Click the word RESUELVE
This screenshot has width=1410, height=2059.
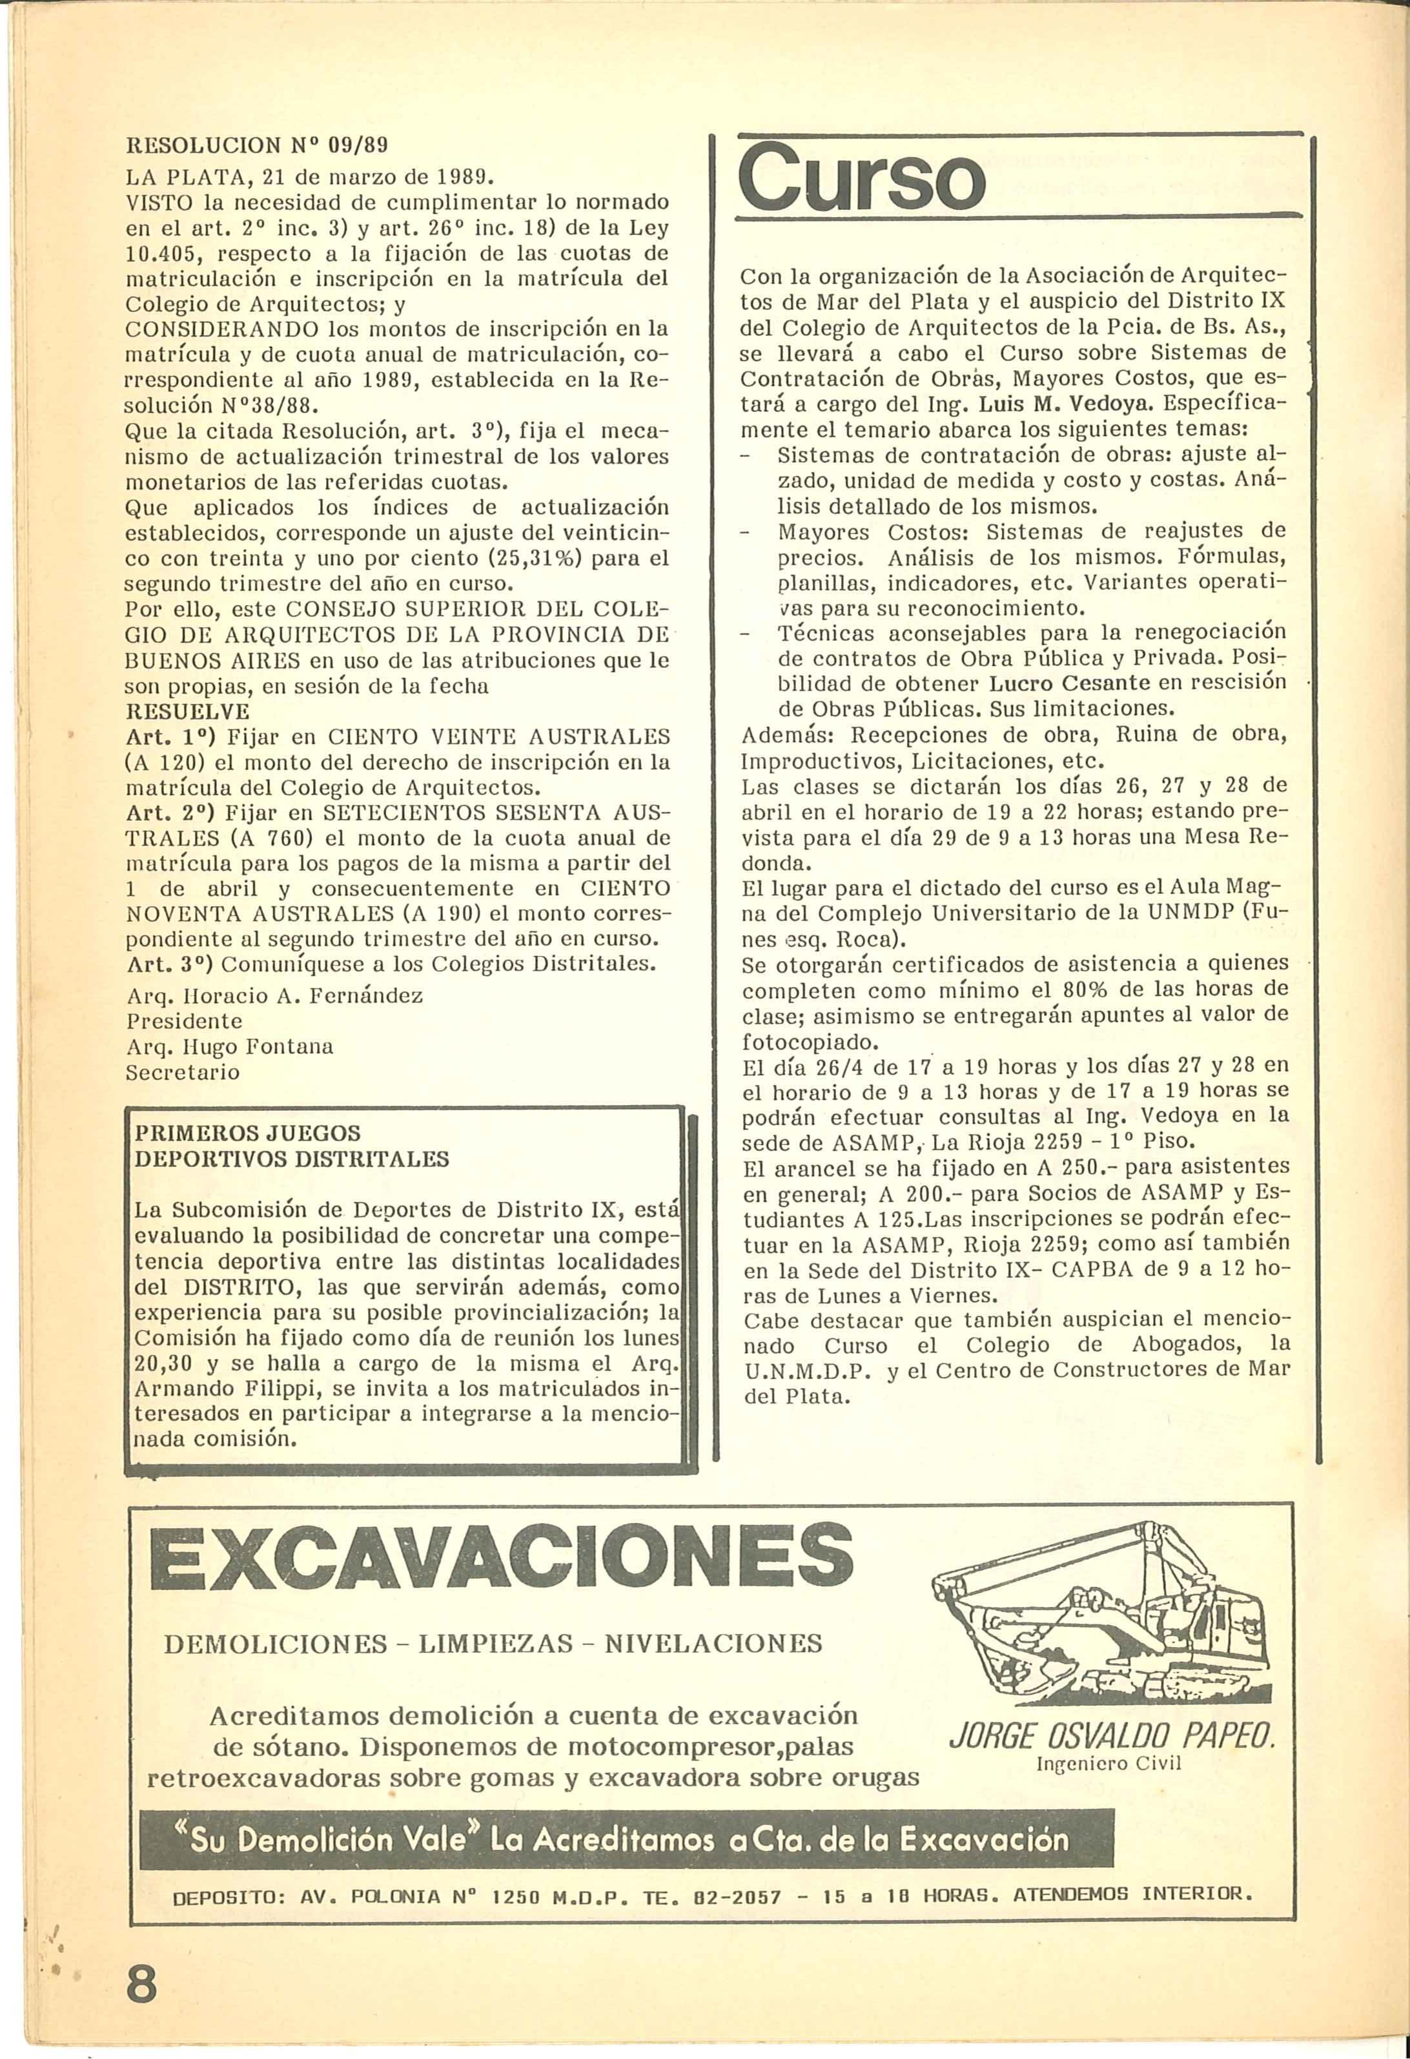point(189,712)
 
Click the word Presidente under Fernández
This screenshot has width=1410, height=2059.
point(184,1020)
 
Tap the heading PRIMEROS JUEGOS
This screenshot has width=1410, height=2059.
point(247,1133)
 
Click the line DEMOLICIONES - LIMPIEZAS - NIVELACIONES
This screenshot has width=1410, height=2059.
point(493,1644)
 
